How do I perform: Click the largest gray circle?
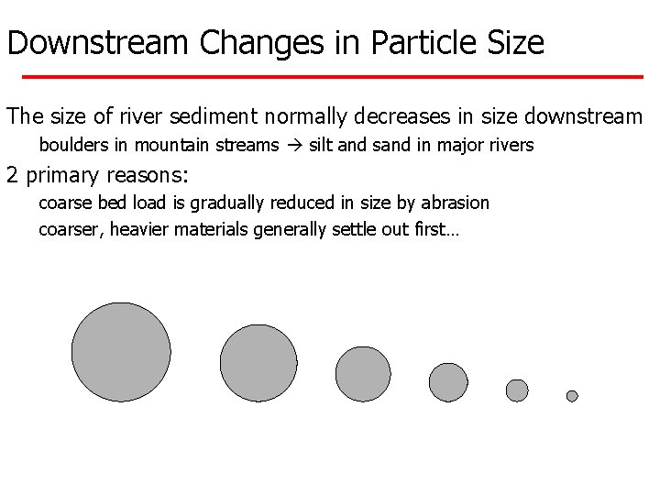click(x=121, y=352)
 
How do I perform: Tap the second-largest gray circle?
click(x=259, y=363)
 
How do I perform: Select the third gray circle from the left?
click(x=363, y=374)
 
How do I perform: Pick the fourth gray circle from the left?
click(x=448, y=382)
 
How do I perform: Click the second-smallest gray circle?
click(x=517, y=390)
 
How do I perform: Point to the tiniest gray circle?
click(x=572, y=396)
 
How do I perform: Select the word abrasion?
click(x=457, y=202)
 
